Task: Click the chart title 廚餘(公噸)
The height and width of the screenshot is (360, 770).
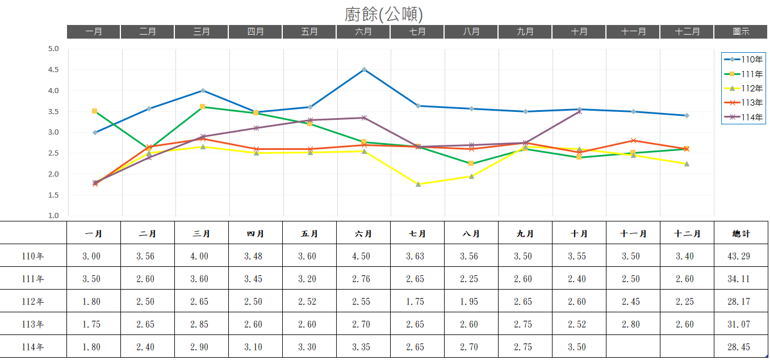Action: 384,14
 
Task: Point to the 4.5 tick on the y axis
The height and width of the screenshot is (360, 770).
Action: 53,70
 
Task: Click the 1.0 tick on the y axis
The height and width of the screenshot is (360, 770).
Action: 53,216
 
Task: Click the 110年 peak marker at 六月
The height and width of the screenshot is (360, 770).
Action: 364,69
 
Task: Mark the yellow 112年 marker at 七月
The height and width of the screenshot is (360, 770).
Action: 418,184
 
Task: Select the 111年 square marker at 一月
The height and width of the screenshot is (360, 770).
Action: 94,111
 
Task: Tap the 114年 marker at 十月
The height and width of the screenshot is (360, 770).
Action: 579,111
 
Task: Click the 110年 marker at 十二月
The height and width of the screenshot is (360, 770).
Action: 687,115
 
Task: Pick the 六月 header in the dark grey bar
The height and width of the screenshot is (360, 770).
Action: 363,32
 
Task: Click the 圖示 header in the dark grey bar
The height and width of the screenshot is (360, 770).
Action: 741,32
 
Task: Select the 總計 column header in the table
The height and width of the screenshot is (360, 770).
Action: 741,233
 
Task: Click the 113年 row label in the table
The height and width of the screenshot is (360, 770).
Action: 33,324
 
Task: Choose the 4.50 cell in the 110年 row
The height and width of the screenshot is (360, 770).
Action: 361,256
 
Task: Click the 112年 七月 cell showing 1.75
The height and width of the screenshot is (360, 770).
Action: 415,302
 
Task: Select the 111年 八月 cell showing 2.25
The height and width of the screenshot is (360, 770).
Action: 469,279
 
